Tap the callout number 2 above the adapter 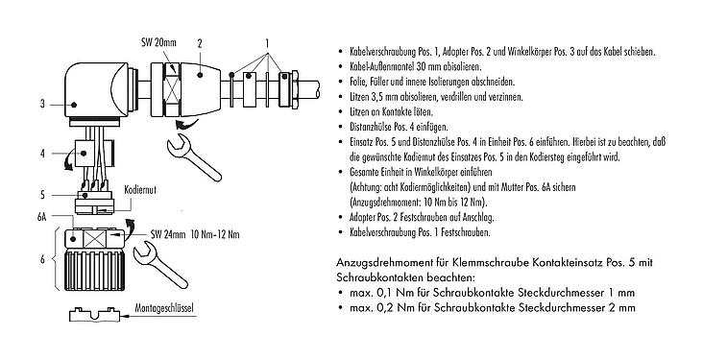click(x=199, y=43)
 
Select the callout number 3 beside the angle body click(x=44, y=104)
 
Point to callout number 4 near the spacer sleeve click(x=44, y=153)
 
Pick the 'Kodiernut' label click(x=141, y=193)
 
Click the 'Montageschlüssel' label click(x=160, y=312)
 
